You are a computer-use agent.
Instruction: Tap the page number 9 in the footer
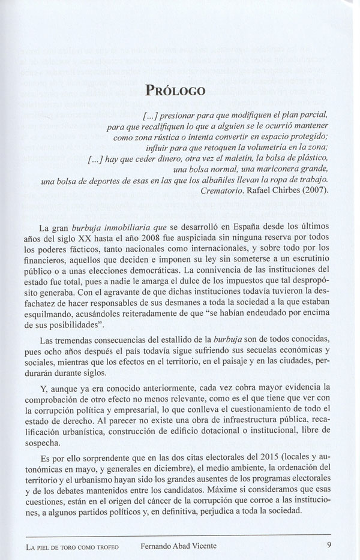tap(329, 544)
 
